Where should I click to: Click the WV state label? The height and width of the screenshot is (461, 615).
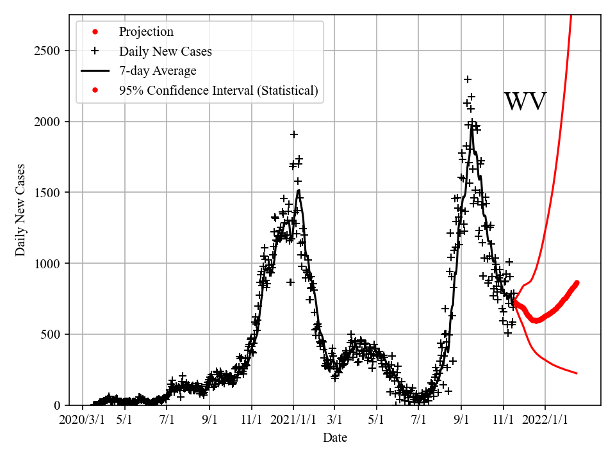click(525, 102)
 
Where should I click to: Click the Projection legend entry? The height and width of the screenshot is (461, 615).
click(145, 32)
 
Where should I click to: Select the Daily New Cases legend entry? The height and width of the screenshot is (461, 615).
click(165, 51)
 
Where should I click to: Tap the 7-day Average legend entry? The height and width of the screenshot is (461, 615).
click(157, 71)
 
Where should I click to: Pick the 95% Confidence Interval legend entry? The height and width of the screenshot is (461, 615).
click(218, 90)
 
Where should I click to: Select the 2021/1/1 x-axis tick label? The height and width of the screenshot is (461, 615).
click(293, 420)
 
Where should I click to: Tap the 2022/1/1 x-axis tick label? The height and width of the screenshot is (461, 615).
click(545, 420)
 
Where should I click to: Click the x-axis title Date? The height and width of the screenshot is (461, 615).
click(334, 438)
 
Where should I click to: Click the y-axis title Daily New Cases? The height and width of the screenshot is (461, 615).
click(21, 210)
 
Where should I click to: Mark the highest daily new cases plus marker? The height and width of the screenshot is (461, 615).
click(468, 79)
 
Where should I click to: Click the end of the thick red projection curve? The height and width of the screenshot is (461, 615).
click(577, 282)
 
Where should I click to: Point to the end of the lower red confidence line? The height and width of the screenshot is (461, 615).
click(577, 373)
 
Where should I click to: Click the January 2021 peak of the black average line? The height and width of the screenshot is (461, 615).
click(299, 190)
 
